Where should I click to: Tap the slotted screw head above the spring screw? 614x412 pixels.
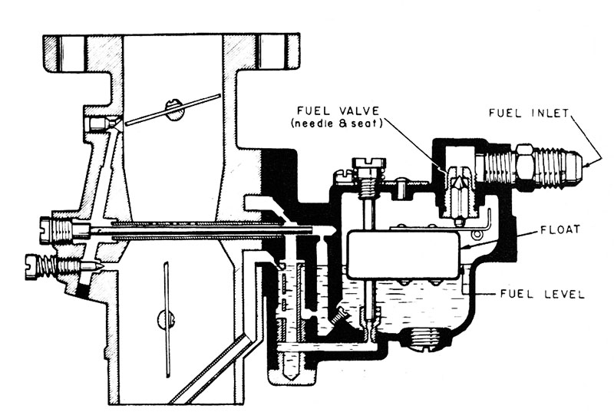tap(48, 228)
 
